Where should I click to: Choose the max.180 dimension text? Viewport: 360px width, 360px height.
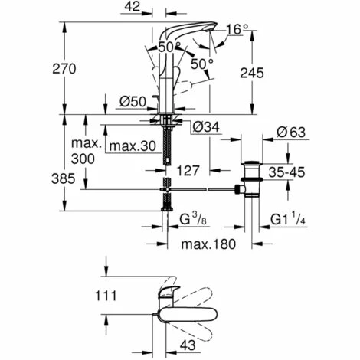206,245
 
